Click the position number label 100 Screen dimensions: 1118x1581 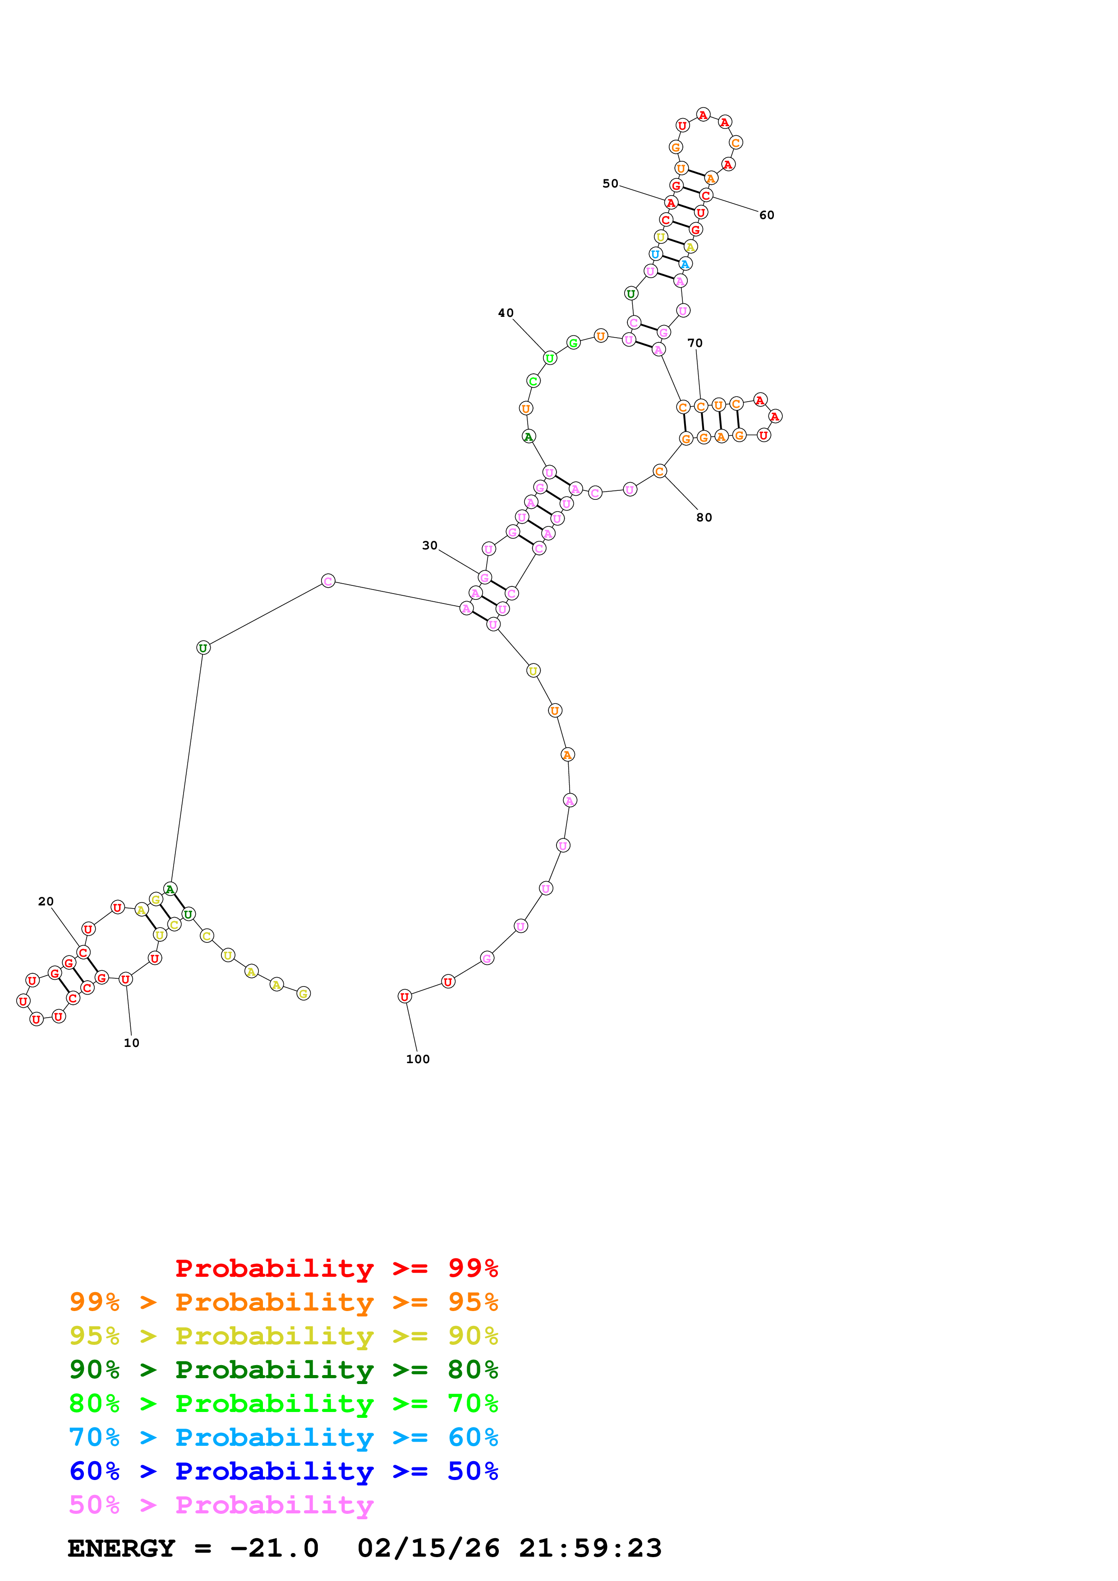pos(418,1059)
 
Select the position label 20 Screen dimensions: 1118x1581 pos(46,901)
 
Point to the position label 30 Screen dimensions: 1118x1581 pos(429,545)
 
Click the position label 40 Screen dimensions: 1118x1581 pos(506,313)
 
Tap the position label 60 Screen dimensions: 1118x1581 pos(767,215)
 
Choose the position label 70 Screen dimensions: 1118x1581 pos(695,343)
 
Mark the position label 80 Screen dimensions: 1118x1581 pos(704,517)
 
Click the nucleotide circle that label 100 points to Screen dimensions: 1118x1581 pos(405,996)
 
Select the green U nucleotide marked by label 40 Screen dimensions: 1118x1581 pos(550,358)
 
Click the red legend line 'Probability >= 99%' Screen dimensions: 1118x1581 pos(336,1268)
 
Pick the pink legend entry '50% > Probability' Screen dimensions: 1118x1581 pos(221,1505)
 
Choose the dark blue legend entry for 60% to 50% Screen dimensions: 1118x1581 pos(283,1471)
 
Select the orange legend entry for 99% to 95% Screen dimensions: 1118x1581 pos(283,1302)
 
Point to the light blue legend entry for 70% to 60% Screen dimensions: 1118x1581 pos(283,1437)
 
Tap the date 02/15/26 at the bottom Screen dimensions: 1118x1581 pos(428,1549)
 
